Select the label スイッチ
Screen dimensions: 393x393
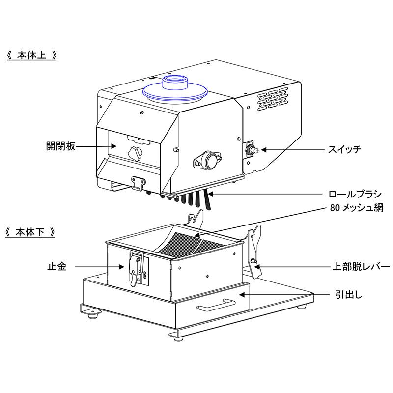click(344, 149)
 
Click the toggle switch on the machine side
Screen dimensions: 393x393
click(251, 149)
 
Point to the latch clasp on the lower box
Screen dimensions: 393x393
click(135, 268)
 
